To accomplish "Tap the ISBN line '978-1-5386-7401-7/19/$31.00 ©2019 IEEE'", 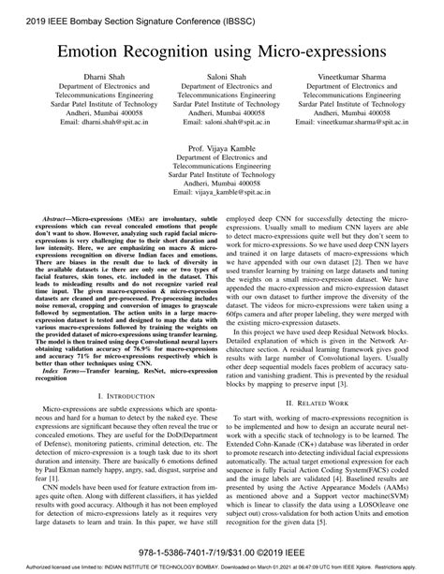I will click(x=222, y=553).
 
